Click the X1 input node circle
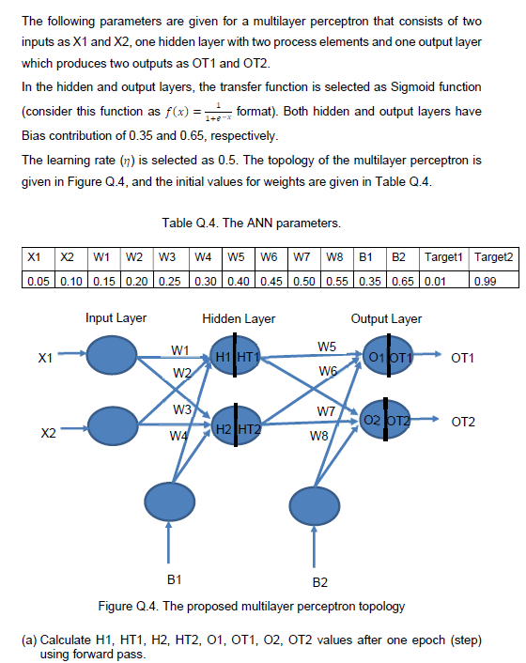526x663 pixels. [113, 356]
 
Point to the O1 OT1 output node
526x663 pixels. [386, 357]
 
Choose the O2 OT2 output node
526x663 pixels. [386, 420]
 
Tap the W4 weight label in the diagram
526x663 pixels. [178, 437]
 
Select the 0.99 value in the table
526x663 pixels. [487, 272]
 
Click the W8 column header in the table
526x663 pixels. [333, 254]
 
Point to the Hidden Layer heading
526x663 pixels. [239, 318]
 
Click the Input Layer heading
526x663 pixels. [116, 318]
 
